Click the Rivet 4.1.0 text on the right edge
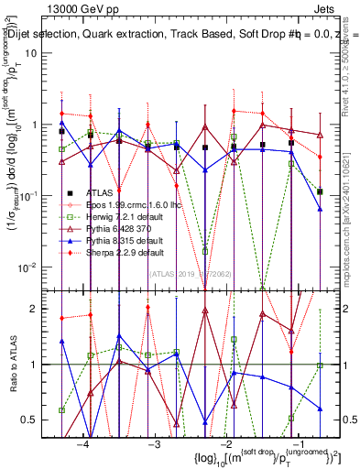point(350,64)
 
